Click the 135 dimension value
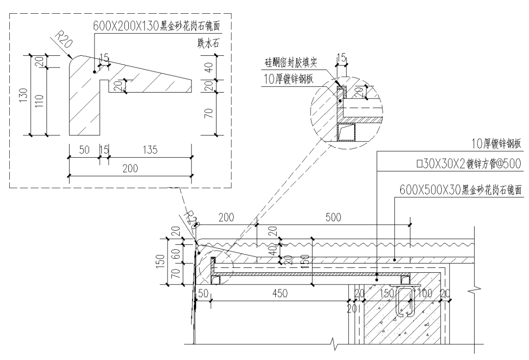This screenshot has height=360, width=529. click(x=149, y=150)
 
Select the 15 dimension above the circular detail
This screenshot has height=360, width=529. click(x=341, y=58)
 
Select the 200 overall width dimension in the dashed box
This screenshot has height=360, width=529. click(x=130, y=168)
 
